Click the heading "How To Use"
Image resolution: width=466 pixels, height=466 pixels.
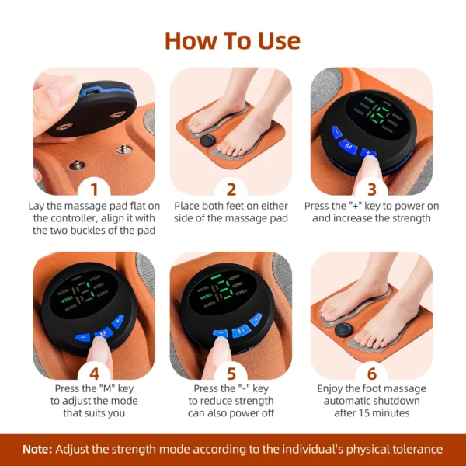[232, 40]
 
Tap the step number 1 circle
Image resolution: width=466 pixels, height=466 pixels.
[94, 189]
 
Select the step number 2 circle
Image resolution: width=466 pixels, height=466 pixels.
[231, 189]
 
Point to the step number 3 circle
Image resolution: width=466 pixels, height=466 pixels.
[371, 189]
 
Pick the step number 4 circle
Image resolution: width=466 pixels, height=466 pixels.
[94, 373]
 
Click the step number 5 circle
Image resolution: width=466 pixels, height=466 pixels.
[231, 373]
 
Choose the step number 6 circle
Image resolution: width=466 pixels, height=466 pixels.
[371, 373]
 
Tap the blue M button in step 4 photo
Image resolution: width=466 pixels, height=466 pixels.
[102, 333]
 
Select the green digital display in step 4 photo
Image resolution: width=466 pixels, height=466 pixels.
[89, 294]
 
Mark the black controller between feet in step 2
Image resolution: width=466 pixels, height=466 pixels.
[207, 141]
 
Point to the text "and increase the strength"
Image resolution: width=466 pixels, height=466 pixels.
[371, 218]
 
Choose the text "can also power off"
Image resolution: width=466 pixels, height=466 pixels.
[231, 413]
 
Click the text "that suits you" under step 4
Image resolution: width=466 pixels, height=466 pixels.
[94, 413]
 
